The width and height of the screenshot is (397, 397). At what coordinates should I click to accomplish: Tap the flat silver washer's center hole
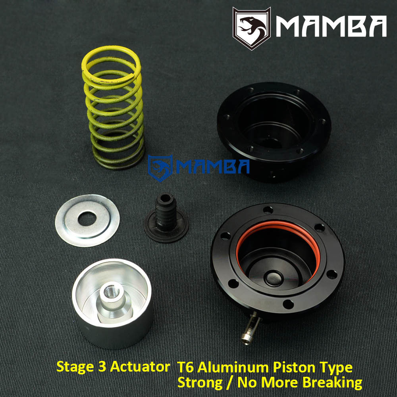pyautogui.click(x=87, y=219)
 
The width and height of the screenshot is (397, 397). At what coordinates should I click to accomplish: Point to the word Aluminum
pyautogui.click(x=233, y=367)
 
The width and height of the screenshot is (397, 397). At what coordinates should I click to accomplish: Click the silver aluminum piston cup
pyautogui.click(x=113, y=305)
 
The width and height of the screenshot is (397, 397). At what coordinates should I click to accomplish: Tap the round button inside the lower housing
pyautogui.click(x=274, y=278)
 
